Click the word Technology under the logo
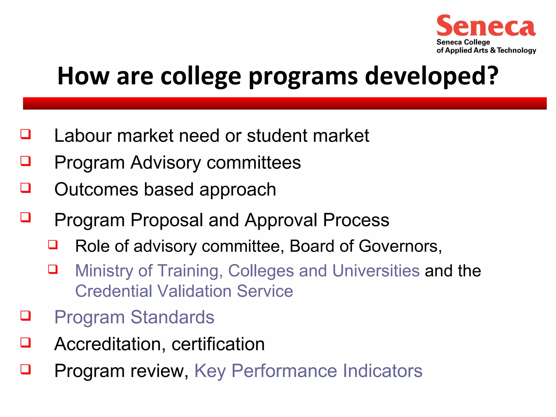click(x=516, y=50)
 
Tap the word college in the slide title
click(x=201, y=76)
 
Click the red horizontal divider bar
click(x=285, y=103)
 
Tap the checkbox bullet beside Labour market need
click(x=26, y=134)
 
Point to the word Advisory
click(x=165, y=163)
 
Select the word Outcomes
click(x=96, y=189)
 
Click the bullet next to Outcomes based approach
click(x=26, y=188)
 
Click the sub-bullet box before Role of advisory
click(x=53, y=244)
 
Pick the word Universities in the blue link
click(x=376, y=271)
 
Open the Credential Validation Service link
click(x=184, y=291)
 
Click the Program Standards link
click(x=134, y=317)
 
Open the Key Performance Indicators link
click(x=308, y=371)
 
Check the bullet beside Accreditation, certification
click(x=26, y=342)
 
